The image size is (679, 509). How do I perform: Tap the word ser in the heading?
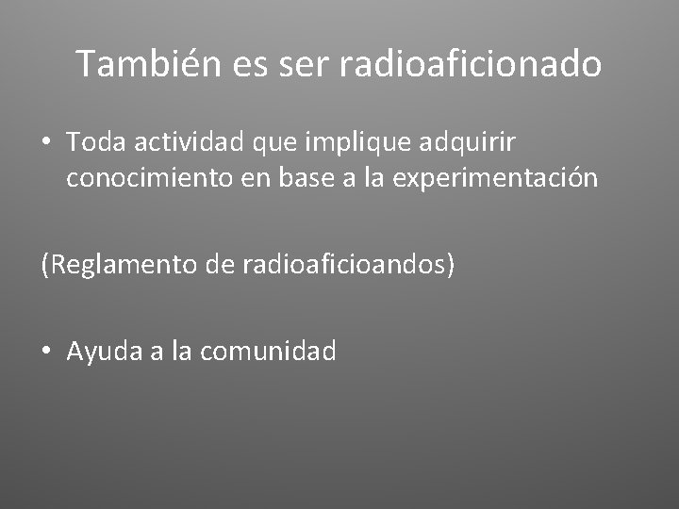point(303,64)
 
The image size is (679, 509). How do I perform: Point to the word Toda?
point(96,142)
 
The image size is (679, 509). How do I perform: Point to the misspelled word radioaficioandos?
point(347,266)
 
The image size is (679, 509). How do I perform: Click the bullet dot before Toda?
point(46,143)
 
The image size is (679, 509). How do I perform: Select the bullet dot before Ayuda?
point(46,353)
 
